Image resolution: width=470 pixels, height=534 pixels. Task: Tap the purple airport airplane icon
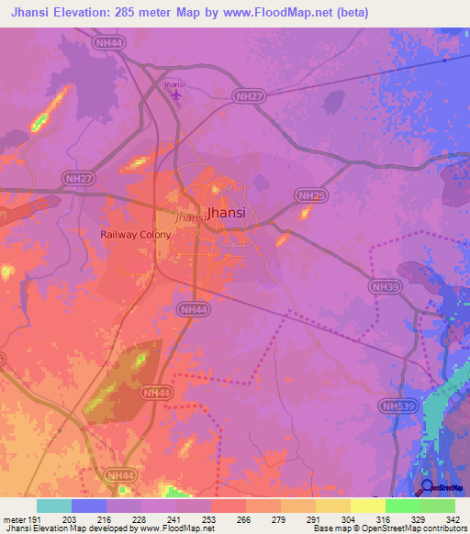point(176,95)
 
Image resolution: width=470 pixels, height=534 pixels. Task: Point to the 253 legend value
point(210,520)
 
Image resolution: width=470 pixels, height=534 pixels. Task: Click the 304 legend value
point(350,520)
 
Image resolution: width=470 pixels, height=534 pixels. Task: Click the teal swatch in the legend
point(54,506)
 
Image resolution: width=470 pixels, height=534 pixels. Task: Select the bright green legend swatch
point(402,506)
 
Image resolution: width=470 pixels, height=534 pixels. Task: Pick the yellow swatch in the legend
point(367,506)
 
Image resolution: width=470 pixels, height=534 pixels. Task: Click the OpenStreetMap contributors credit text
point(403,529)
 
